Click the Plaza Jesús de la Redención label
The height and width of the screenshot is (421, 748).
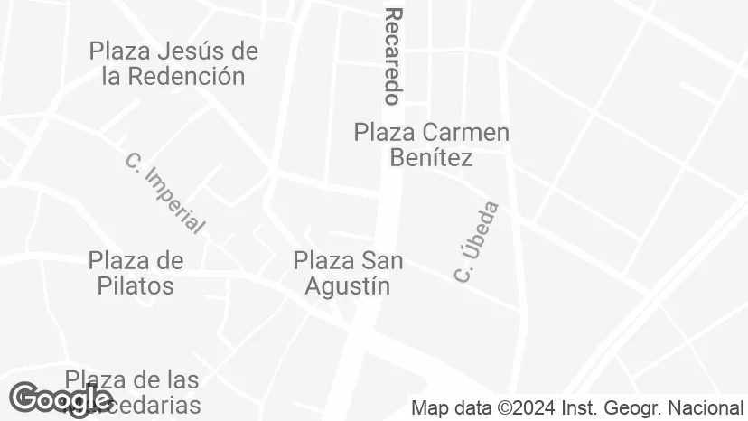click(x=173, y=63)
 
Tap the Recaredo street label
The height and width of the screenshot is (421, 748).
click(x=393, y=56)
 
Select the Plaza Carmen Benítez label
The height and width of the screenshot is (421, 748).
click(x=431, y=145)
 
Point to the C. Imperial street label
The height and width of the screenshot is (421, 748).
click(x=165, y=194)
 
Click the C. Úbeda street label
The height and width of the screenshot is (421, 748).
click(x=477, y=242)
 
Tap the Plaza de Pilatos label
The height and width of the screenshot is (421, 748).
click(x=136, y=273)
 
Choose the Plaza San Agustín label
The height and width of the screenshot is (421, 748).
click(x=348, y=273)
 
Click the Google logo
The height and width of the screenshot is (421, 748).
click(x=60, y=398)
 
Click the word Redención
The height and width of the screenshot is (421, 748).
click(x=186, y=76)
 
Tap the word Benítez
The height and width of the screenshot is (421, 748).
click(x=431, y=158)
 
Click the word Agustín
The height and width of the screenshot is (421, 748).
click(x=348, y=285)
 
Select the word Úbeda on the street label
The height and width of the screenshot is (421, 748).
click(x=483, y=228)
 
